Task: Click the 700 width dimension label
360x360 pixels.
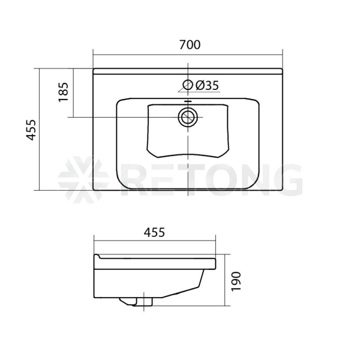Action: click(190, 44)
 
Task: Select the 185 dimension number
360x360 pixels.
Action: click(63, 92)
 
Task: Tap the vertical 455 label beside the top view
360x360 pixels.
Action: click(31, 130)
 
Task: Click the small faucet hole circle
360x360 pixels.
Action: click(188, 85)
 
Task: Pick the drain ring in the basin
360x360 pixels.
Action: click(188, 118)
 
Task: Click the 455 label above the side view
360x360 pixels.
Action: click(154, 232)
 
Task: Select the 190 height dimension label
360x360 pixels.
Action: click(236, 281)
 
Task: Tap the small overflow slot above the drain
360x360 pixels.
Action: click(188, 101)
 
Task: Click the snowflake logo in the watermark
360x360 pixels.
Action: click(83, 179)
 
